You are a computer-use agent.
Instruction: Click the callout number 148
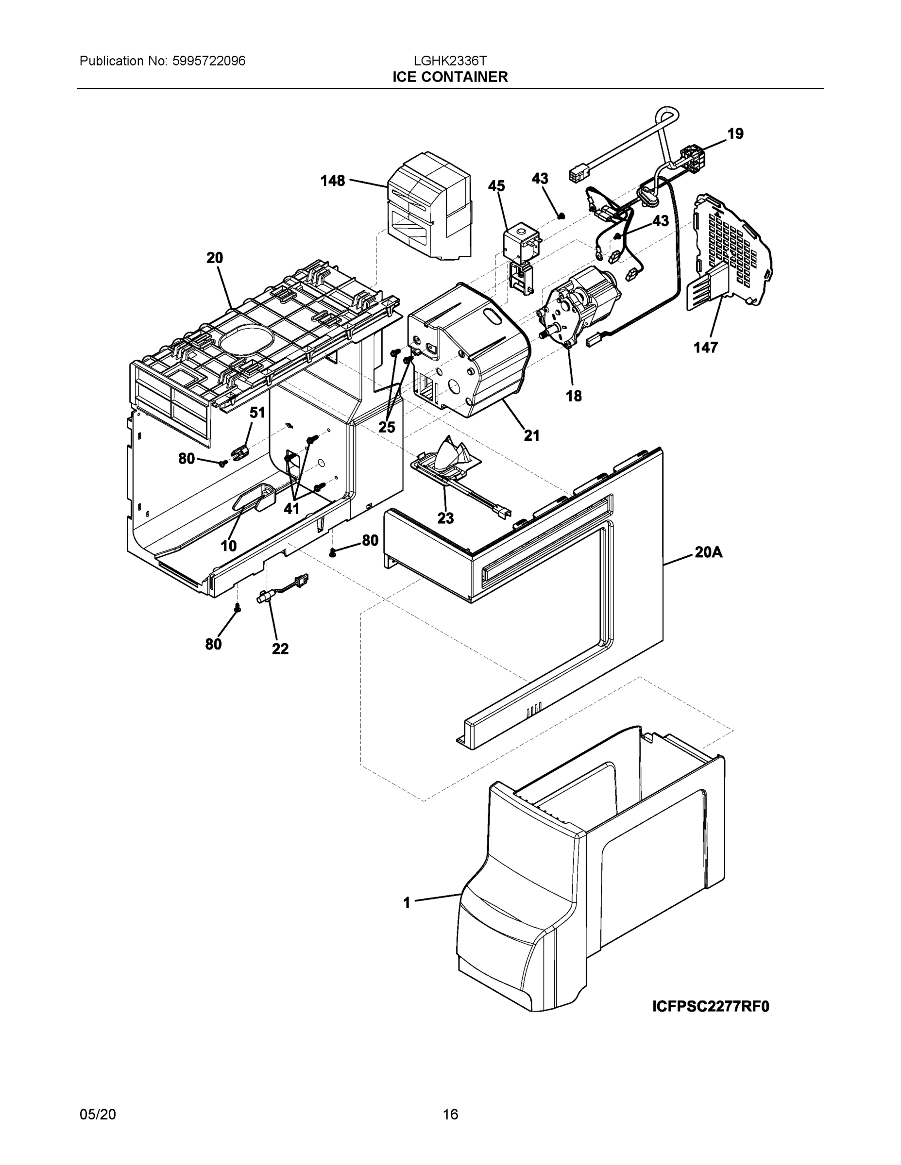coord(332,181)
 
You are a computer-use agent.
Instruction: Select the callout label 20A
coord(708,552)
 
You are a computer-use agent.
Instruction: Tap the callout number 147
coord(705,347)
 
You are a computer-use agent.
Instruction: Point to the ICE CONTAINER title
coord(450,77)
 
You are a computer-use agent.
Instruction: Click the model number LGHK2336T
coord(450,61)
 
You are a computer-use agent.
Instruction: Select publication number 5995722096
coord(209,61)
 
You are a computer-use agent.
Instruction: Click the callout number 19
coord(735,133)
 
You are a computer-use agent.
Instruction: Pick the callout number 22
coord(280,649)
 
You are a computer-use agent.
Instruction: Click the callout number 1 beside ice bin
coord(407,902)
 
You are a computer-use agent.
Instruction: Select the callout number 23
coord(445,517)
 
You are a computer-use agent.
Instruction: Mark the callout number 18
coord(574,396)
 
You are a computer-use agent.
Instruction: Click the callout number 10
coord(228,546)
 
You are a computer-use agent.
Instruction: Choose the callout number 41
coord(291,508)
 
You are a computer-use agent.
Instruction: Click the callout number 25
coord(387,427)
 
